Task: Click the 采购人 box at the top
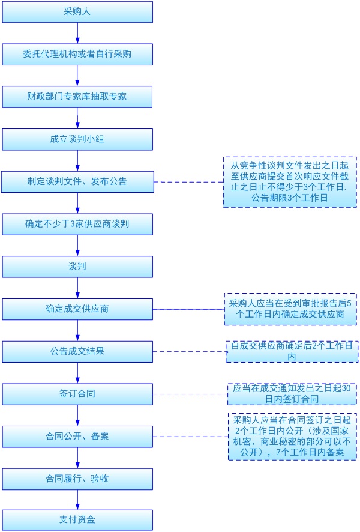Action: (x=77, y=11)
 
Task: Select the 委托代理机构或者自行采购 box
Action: (x=77, y=54)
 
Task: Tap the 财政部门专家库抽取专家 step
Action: (x=77, y=97)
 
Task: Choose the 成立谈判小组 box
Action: (x=77, y=139)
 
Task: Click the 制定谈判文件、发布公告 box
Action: (x=77, y=181)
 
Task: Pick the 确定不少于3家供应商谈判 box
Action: (x=77, y=224)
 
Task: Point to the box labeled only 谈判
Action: (x=77, y=266)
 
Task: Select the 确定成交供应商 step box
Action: (x=77, y=309)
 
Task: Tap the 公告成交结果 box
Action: (x=77, y=351)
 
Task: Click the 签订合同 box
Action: (x=77, y=394)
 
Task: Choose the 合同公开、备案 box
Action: (x=77, y=436)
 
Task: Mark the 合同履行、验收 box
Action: (x=77, y=479)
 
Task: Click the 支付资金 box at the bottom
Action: (x=77, y=520)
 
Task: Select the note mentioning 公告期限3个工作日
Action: (x=290, y=181)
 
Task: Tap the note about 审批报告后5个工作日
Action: (x=290, y=309)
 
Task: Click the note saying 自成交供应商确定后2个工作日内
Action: (x=290, y=351)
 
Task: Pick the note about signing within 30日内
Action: (x=290, y=394)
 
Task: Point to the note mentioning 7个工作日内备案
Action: (x=292, y=436)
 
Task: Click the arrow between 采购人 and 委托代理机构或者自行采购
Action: (x=77, y=33)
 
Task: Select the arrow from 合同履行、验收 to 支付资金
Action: (x=77, y=500)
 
